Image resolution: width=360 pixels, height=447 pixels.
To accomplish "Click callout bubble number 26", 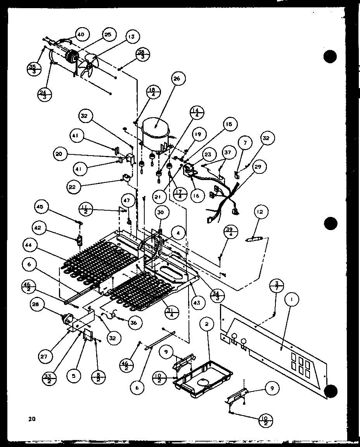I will click(x=177, y=79).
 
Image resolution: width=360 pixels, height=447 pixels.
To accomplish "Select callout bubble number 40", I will click(x=81, y=35).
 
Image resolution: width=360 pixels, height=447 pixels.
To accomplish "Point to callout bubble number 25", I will click(x=107, y=35).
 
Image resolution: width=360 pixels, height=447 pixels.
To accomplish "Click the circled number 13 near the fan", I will click(x=132, y=37).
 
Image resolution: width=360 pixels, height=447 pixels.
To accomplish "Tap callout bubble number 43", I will click(x=197, y=302).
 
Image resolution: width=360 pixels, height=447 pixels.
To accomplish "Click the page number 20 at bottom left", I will click(x=31, y=418).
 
